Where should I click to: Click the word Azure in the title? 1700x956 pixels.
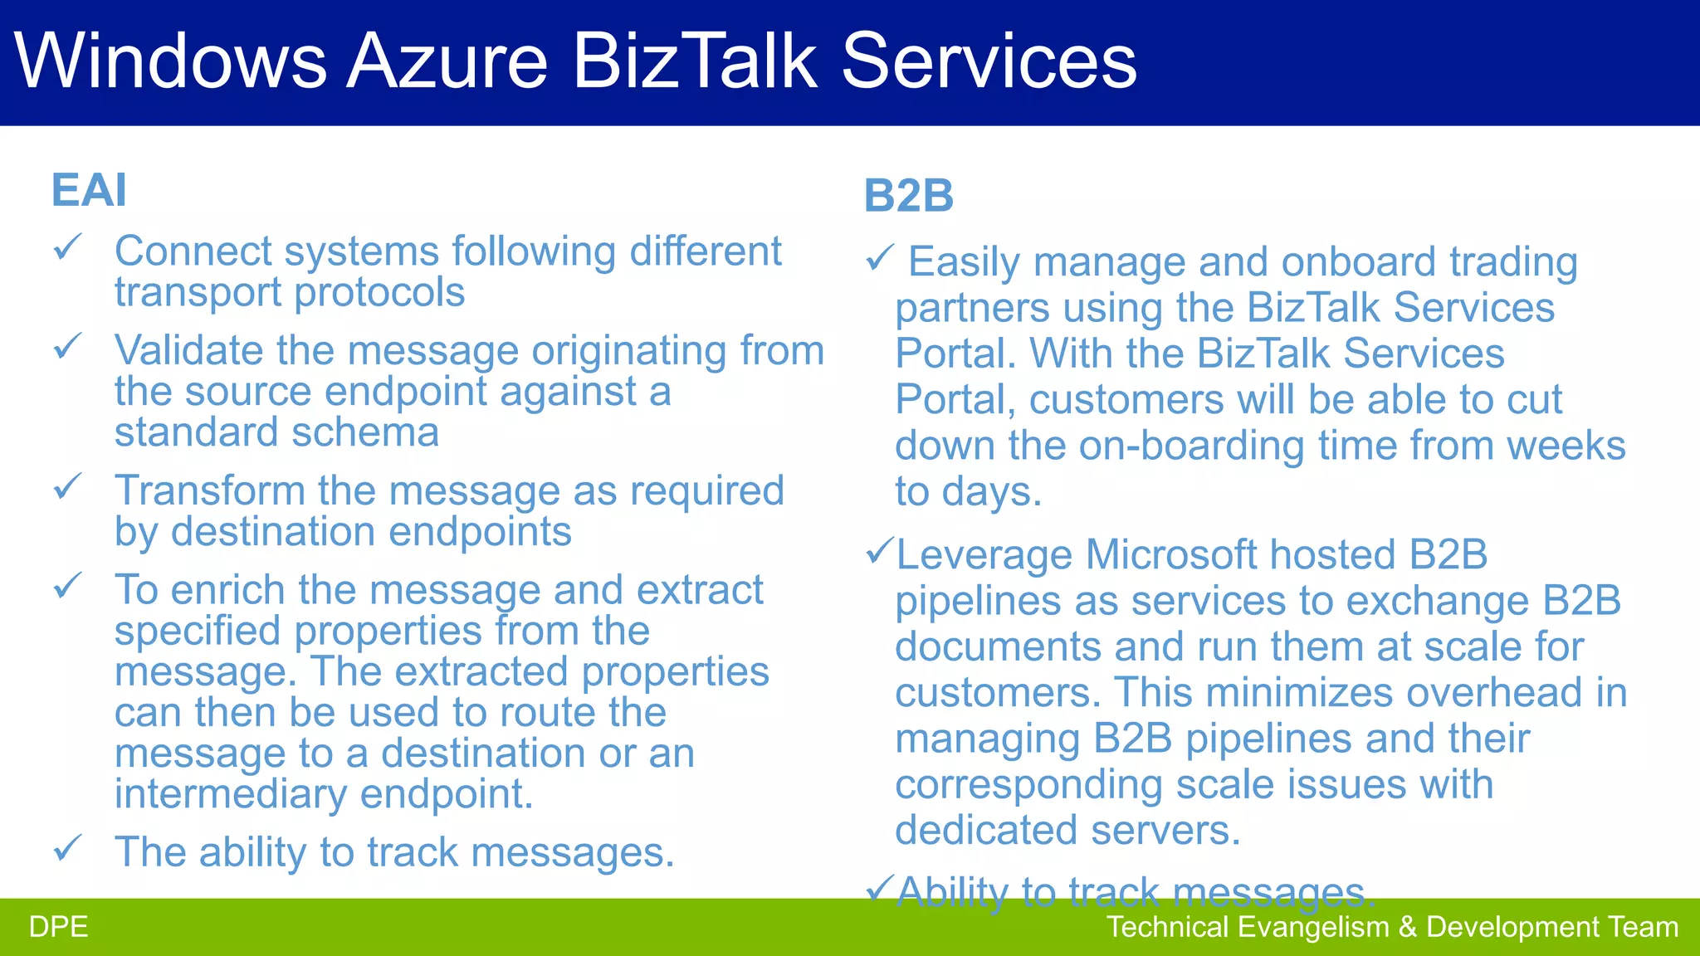click(447, 61)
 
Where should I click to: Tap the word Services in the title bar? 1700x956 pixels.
click(989, 61)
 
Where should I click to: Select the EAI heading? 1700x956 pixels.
click(89, 190)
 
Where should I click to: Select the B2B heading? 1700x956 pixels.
click(908, 197)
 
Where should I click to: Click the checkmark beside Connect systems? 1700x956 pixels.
click(68, 247)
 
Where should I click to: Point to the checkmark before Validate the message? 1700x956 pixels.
click(68, 346)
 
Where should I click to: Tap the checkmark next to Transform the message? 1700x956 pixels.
click(68, 486)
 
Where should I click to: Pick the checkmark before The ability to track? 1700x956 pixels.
click(68, 847)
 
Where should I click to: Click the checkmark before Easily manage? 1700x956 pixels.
click(879, 258)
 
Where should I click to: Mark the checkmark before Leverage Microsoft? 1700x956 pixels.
click(879, 551)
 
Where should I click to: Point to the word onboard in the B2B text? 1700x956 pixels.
click(1358, 262)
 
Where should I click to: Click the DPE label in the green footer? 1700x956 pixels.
click(58, 927)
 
